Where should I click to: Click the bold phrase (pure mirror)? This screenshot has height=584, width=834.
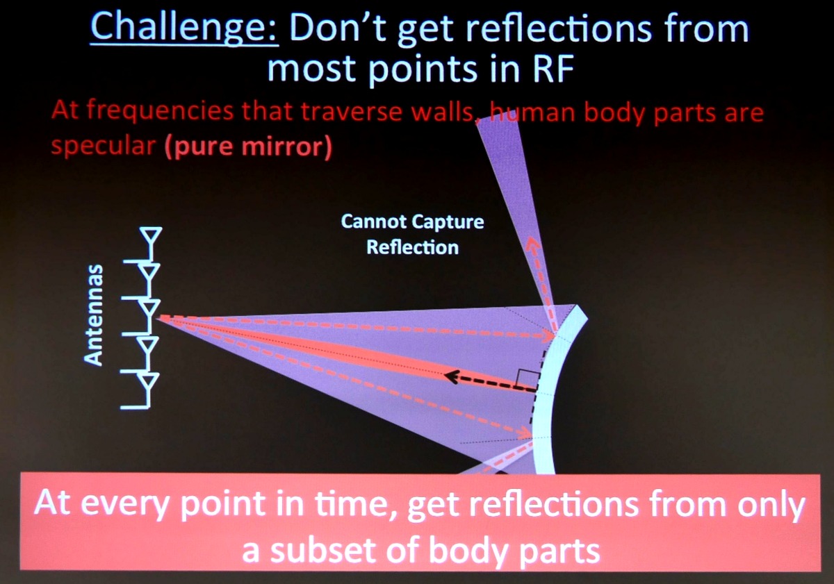coord(248,147)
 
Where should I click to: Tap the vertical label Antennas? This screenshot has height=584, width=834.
coord(92,315)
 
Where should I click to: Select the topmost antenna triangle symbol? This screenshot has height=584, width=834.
coord(151,235)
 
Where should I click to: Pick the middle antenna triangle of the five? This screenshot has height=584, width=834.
coord(150,309)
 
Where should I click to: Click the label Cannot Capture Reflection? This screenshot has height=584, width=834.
coord(413,234)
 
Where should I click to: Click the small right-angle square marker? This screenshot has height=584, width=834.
coord(528,378)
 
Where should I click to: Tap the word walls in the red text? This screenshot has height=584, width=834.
coord(443,112)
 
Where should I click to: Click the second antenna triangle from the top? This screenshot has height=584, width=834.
coord(150,272)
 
